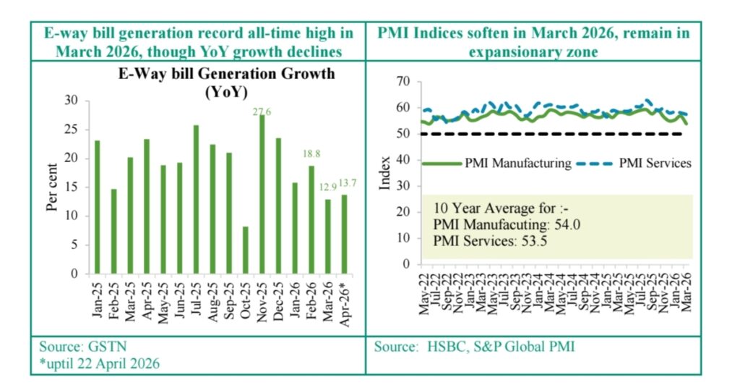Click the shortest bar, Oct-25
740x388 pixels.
[245, 250]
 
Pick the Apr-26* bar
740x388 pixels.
[344, 235]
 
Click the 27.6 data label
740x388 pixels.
[262, 111]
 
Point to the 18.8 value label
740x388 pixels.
[312, 153]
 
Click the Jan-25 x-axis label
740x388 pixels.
[96, 297]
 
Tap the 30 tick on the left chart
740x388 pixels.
[71, 101]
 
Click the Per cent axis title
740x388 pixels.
[52, 187]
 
